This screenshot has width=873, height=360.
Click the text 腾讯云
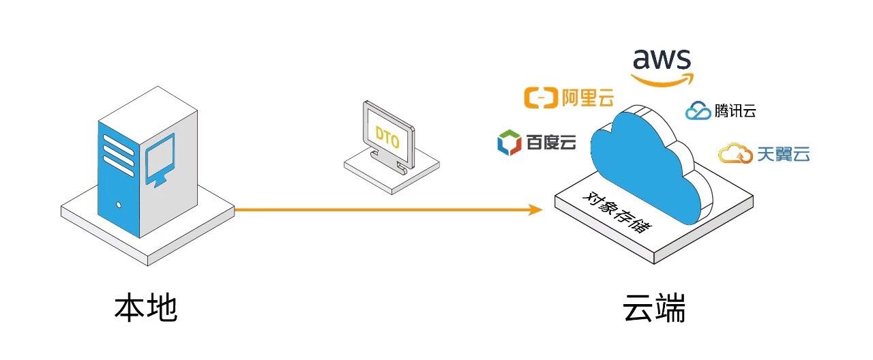(x=735, y=111)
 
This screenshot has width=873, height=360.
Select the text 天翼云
(x=783, y=155)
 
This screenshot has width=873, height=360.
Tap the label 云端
(x=654, y=309)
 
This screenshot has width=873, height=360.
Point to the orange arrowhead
(x=536, y=209)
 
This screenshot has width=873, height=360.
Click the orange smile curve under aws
(x=662, y=80)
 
